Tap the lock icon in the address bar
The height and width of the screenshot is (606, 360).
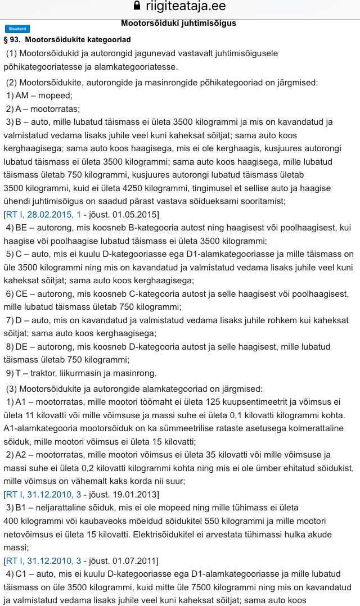136,6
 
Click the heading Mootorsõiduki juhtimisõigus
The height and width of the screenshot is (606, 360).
178,24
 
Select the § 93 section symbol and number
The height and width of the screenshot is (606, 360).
12,40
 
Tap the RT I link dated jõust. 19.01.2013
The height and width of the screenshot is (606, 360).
42,494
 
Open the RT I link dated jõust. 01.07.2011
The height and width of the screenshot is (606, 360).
42,560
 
